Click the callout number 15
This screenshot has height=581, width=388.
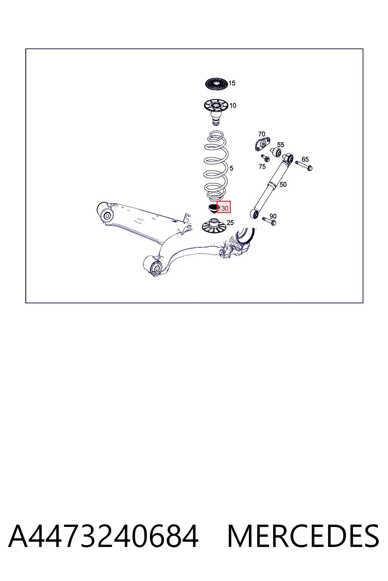coord(232,83)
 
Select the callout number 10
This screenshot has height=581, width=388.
coord(233,106)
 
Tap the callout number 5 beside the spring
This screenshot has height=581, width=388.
coord(231,168)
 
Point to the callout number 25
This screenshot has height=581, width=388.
coord(230,222)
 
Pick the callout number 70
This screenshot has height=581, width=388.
coord(261,134)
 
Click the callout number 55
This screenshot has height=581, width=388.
coord(281,145)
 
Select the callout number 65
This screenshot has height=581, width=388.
coord(305,159)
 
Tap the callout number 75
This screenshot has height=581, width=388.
coord(262,166)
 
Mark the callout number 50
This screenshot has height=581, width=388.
coord(283,185)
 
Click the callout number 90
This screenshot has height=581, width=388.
coord(273,216)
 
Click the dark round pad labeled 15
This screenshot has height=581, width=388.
coord(216,84)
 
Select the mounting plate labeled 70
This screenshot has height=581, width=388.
coord(262,144)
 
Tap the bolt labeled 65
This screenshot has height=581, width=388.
coord(304,165)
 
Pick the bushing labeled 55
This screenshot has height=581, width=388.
coord(275,152)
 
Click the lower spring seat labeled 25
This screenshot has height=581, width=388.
coord(214,226)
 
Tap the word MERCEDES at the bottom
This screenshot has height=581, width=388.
coord(303,536)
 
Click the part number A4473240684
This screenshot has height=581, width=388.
coord(103,536)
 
